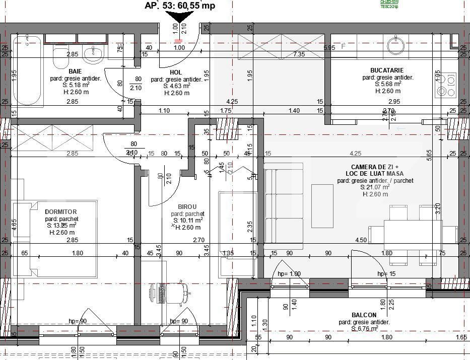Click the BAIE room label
tap(75, 71)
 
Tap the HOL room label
tap(176, 73)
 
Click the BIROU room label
tap(187, 206)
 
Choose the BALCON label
tap(365, 315)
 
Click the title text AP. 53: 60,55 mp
tap(179, 6)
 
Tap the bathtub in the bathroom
tap(28, 70)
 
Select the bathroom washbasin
tap(93, 53)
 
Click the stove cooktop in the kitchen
tap(445, 85)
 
